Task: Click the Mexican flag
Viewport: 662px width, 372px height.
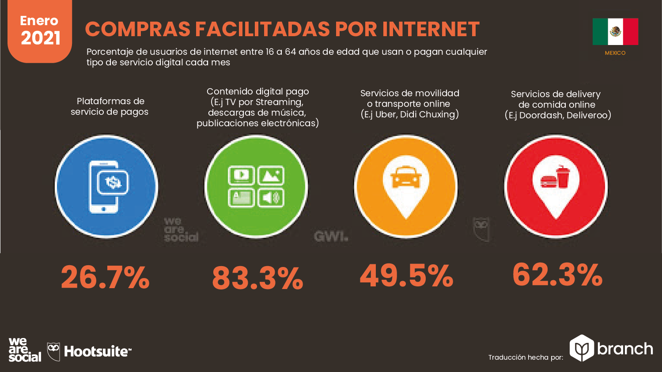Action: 615,31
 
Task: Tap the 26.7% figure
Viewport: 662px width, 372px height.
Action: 105,278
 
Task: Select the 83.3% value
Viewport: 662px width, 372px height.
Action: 257,278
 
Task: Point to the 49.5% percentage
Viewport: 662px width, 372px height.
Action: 406,276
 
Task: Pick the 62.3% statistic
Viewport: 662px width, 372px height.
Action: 557,274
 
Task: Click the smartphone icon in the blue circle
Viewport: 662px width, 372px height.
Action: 105,186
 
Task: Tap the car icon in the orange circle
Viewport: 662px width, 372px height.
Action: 406,177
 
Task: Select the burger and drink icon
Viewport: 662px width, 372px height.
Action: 556,177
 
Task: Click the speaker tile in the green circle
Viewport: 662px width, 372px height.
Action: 271,197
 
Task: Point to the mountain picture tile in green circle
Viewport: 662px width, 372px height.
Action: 271,176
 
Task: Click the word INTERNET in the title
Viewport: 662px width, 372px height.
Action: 431,30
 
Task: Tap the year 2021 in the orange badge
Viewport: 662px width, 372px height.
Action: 40,38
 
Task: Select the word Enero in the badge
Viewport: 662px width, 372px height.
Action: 39,21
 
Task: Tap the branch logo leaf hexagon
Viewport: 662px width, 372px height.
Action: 582,348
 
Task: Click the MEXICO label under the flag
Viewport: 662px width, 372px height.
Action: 615,53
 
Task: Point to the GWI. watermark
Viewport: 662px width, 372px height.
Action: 331,237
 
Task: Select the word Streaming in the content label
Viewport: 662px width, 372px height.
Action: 279,102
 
